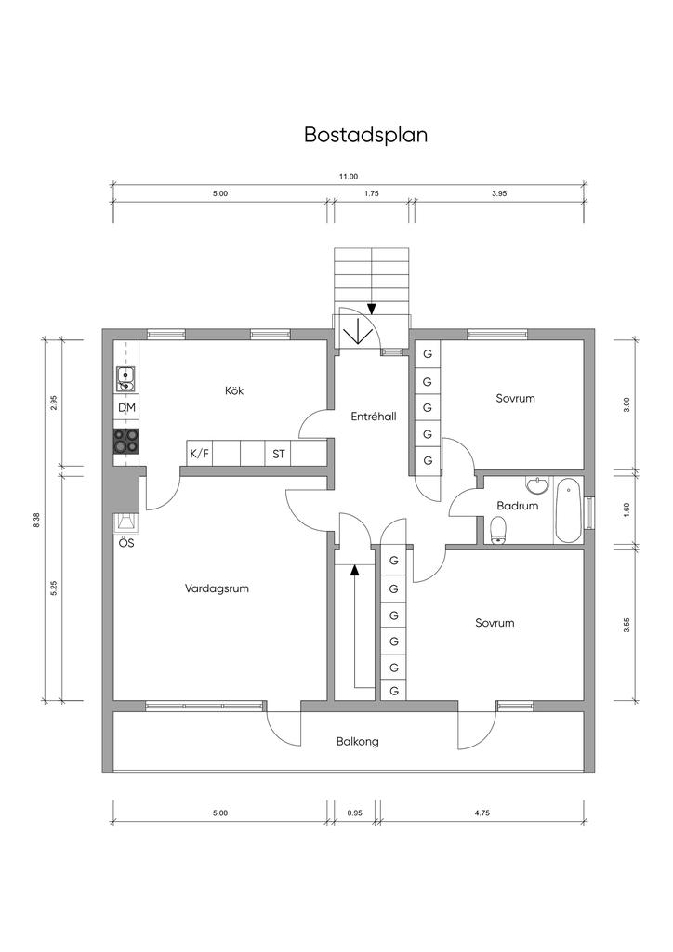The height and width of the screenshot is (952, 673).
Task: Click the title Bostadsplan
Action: coord(365,135)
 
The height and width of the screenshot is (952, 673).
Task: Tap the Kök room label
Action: coord(234,390)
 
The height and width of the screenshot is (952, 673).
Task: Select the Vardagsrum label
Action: coord(217,588)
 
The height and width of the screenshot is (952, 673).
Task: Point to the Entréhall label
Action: coord(373,416)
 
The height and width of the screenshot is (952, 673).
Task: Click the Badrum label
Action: coord(517,506)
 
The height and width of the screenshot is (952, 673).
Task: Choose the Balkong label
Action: coord(358,741)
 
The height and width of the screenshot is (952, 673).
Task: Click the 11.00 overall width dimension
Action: coord(349,177)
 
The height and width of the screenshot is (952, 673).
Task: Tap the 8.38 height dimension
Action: coord(36,522)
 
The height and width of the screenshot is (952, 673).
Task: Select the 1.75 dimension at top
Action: coord(372,193)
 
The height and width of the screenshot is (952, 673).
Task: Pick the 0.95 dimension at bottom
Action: coord(354,813)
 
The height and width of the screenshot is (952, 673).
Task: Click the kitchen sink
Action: coord(126,379)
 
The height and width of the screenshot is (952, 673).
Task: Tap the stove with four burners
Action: coord(126,441)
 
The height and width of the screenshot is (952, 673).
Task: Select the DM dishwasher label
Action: coord(126,407)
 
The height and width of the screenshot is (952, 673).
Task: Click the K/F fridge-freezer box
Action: coord(200,454)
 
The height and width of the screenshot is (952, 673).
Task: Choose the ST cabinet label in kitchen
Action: coord(279,454)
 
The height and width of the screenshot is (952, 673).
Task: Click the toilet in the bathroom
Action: coord(498,529)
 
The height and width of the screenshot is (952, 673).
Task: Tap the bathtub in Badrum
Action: coord(569,510)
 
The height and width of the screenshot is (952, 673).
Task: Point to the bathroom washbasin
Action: coord(537,484)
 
